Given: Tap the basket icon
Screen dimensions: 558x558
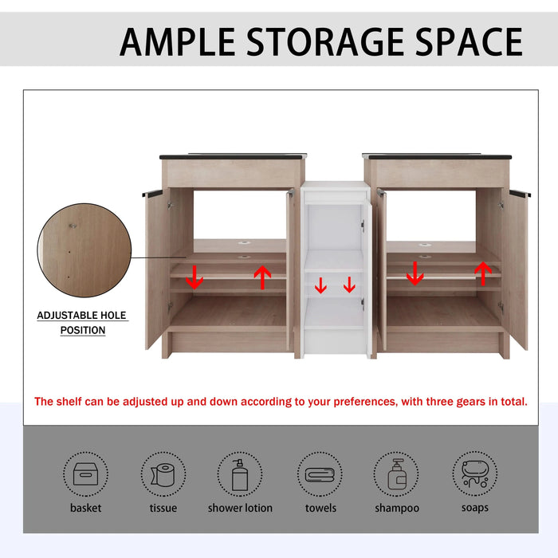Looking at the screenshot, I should tap(85, 474).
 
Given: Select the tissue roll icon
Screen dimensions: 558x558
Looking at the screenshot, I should tap(163, 474).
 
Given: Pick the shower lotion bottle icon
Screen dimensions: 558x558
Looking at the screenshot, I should tap(240, 474).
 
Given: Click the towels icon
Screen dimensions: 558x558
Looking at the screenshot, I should tap(320, 474).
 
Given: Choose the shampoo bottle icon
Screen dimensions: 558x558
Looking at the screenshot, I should tap(397, 474).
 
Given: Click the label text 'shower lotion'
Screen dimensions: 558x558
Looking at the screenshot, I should tap(240, 508).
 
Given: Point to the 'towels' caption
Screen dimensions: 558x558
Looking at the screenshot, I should tap(320, 508).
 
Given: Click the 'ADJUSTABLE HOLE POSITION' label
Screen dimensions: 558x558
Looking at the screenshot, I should tap(82, 323).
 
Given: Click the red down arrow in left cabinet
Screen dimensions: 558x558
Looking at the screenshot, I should tap(195, 277).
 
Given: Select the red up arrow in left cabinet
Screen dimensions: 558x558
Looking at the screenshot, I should tap(262, 277).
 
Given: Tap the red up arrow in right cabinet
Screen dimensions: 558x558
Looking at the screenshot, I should tap(481, 273).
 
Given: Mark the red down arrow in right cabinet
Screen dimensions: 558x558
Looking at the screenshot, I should tap(415, 273).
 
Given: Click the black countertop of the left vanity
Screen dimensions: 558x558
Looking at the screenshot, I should tap(232, 156).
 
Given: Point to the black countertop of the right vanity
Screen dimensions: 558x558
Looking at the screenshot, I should tap(436, 156).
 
